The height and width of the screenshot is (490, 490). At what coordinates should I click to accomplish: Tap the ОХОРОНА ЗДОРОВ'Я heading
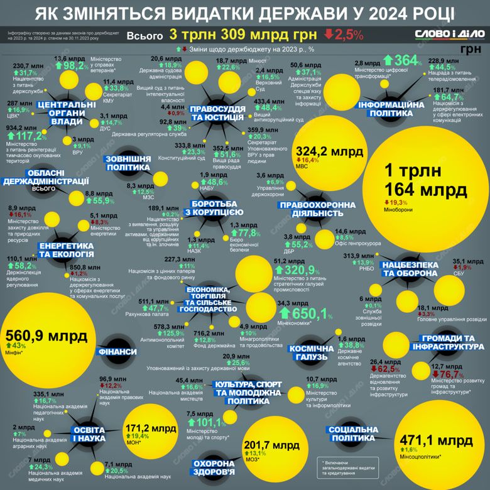[x=214, y=467]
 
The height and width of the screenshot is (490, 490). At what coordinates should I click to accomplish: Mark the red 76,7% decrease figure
[x=449, y=374]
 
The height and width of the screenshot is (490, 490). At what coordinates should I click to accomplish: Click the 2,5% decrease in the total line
[x=344, y=33]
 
